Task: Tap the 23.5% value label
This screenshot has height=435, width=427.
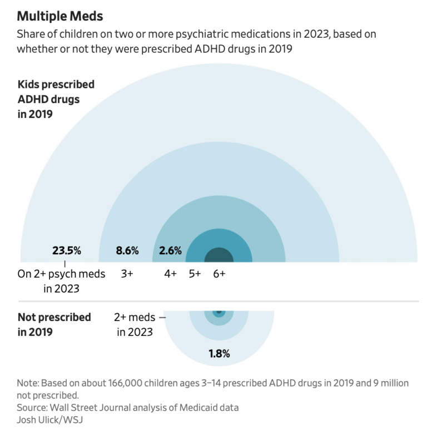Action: [x=67, y=251]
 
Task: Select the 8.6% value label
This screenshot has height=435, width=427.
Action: [x=127, y=251]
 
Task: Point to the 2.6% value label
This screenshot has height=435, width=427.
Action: [x=170, y=251]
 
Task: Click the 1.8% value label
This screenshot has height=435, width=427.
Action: [x=219, y=354]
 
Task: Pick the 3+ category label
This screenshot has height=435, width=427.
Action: [x=127, y=274]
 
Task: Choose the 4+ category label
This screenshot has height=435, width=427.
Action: [x=170, y=274]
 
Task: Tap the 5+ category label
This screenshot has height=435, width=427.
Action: [x=195, y=274]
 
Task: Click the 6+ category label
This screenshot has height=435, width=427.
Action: [x=219, y=274]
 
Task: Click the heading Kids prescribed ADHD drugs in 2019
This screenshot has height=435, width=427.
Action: [x=56, y=100]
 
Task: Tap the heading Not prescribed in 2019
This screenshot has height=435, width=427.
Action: [x=54, y=324]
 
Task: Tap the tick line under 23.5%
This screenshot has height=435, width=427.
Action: [x=66, y=264]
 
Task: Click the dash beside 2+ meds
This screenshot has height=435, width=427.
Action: [x=162, y=318]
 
